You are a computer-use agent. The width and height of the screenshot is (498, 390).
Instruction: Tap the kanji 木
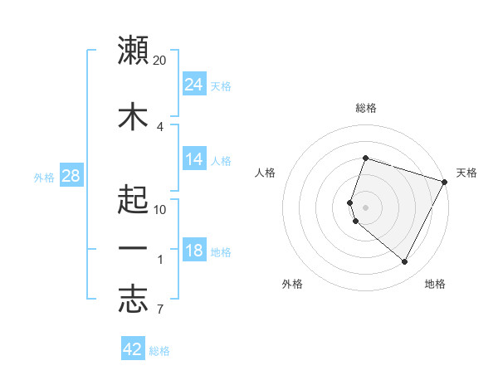coord(133,117)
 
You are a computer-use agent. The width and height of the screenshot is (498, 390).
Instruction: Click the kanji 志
coord(133,301)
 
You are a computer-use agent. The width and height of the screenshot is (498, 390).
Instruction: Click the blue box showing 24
coord(193,85)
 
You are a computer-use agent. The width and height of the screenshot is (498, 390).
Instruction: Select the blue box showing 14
coord(193,160)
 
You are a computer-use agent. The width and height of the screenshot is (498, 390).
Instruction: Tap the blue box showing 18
coord(193,251)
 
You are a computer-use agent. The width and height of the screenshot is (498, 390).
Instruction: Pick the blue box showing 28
coord(70,176)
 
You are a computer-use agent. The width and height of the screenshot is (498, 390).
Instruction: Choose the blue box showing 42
coord(133,349)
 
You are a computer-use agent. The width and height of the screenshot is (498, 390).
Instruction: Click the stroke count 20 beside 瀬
coord(160,61)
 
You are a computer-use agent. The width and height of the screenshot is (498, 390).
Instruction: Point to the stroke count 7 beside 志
coord(159,310)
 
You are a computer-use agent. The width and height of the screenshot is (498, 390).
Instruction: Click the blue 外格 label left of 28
coord(44,177)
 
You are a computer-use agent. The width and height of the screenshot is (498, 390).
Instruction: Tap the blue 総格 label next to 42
coord(159,350)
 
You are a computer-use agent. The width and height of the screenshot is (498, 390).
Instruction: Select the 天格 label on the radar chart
coord(466,173)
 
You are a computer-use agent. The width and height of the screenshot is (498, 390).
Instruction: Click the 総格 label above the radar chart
coord(365,108)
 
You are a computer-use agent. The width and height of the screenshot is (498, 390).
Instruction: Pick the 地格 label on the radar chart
coord(435,284)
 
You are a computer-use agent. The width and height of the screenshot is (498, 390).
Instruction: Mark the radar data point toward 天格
coord(446,182)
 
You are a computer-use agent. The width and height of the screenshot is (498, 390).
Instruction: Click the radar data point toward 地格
coord(405,262)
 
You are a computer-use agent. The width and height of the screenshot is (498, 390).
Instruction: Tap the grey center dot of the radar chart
coord(365,207)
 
